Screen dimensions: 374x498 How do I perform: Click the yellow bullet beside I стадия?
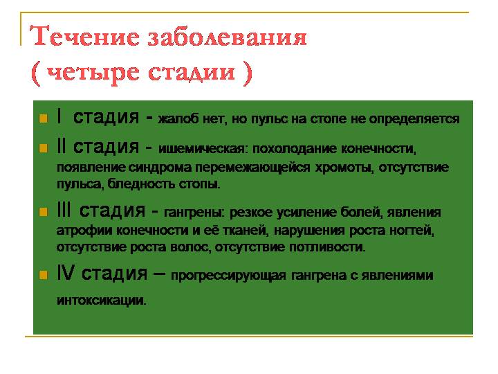pos(42,118)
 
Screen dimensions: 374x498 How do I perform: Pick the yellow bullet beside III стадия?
pos(42,212)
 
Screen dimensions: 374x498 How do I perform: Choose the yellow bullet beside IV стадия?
pos(42,275)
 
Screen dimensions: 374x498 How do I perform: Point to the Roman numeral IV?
pos(66,274)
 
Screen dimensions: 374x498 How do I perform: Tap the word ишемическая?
pos(202,150)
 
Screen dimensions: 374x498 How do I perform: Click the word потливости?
pos(330,247)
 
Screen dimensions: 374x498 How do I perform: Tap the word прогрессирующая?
pos(228,276)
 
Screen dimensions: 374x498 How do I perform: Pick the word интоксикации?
pos(101,301)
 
